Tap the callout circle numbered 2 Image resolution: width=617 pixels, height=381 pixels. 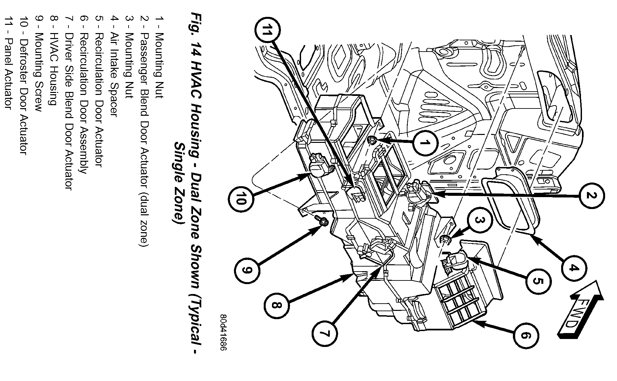point(592,195)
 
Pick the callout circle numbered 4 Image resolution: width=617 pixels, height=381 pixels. point(574,268)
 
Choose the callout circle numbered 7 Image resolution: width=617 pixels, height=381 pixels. point(325,334)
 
